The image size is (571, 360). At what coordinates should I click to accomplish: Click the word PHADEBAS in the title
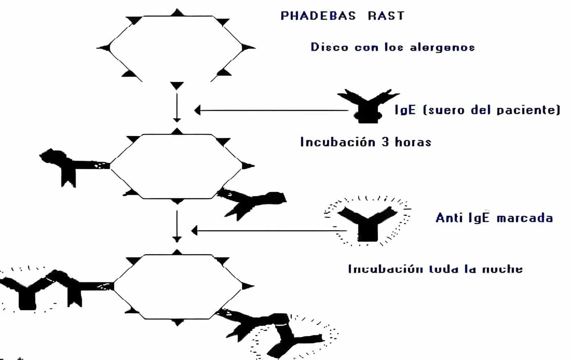[x=318, y=16]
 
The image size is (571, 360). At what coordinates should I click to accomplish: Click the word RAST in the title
[x=386, y=16]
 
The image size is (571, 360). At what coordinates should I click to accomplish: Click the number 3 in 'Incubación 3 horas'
[x=385, y=142]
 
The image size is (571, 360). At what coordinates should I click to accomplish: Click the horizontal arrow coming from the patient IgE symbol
[x=273, y=110]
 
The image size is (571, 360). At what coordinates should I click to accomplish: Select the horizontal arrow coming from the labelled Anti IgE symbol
[x=269, y=231]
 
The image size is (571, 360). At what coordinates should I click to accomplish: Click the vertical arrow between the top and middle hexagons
[x=177, y=107]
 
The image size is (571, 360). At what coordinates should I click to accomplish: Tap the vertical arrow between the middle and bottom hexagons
[x=177, y=226]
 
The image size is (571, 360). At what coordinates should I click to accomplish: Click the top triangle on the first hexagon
[x=177, y=13]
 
